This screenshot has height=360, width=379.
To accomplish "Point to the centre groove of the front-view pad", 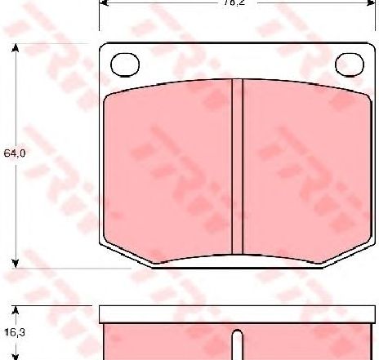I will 238,167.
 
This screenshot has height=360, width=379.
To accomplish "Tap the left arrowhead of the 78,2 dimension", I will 105,3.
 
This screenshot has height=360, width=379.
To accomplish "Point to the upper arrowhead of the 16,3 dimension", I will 15,309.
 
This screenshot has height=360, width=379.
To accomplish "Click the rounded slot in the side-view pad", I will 238,344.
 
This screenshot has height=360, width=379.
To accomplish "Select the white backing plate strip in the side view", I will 238,314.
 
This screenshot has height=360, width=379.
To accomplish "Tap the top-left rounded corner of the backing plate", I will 104,47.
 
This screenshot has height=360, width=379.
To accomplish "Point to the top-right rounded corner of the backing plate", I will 372,47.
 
